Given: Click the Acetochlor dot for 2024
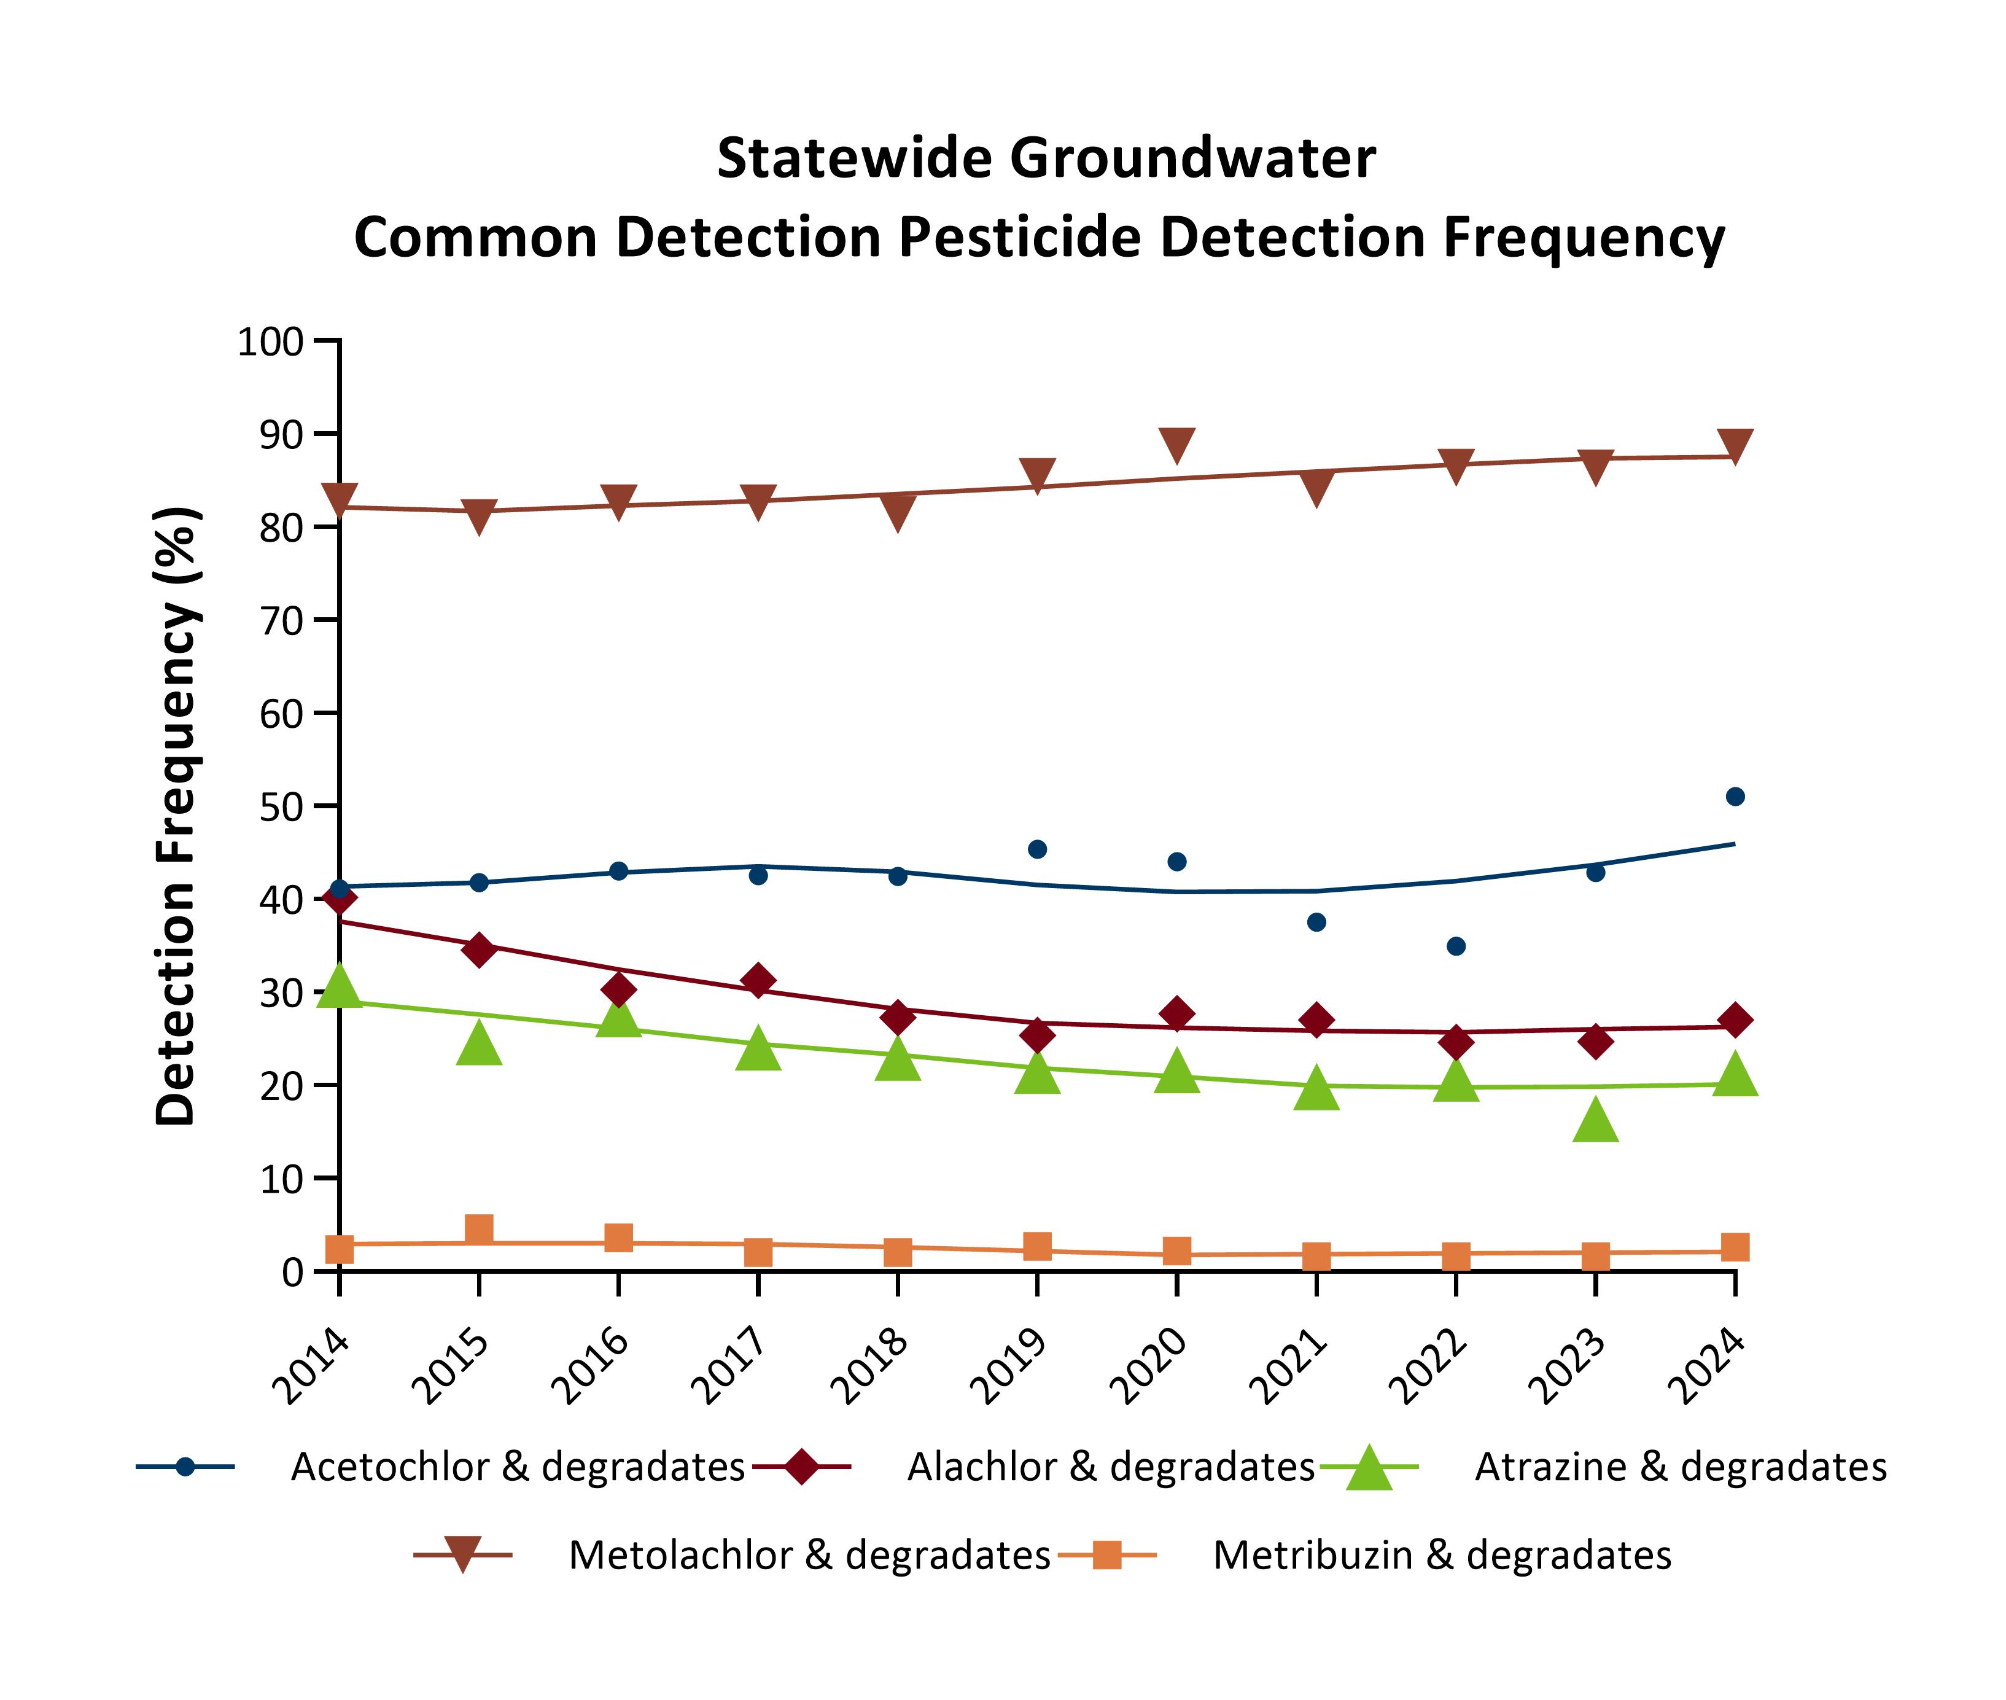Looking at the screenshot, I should pos(1734,796).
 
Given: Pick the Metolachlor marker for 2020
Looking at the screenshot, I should pos(1176,444).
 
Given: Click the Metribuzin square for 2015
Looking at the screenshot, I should pos(479,1229).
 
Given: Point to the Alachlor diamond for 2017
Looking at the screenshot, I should pos(758,981).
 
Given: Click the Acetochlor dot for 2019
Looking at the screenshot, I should pos(1036,849).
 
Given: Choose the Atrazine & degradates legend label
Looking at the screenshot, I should pos(1681,1467).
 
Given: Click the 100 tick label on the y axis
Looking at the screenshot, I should pos(271,341).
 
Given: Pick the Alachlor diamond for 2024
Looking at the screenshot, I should pos(1734,1020).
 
